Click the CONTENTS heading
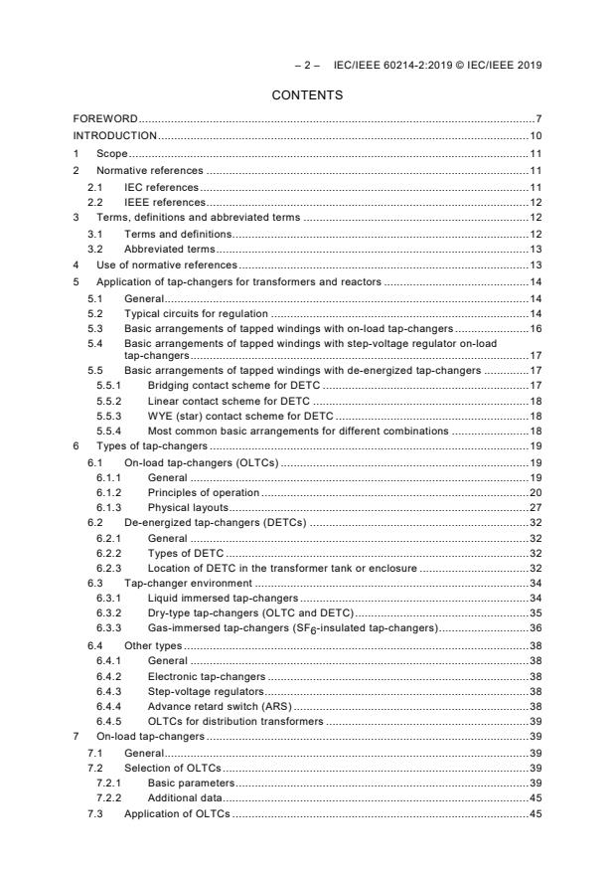[x=308, y=95]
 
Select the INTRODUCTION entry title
[x=115, y=135]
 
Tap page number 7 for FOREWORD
[x=538, y=119]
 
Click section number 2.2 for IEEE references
[x=94, y=203]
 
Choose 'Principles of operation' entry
[x=203, y=493]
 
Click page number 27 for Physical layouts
[x=535, y=508]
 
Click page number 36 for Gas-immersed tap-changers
[x=535, y=628]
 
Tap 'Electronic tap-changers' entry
[x=207, y=675]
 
